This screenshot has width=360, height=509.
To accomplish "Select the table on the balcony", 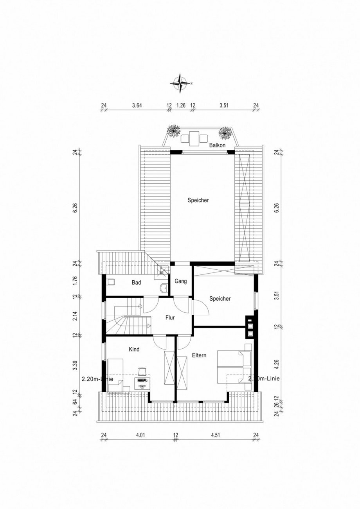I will point(194,138).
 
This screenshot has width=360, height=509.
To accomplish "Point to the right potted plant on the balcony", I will point(225,133).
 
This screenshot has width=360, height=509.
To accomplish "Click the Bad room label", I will point(136,282).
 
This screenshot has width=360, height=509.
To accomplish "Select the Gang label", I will point(180,281).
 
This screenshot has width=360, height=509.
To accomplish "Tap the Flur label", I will point(170,317).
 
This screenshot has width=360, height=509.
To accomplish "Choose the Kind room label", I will point(134,349).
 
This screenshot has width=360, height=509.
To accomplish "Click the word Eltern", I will point(199,355).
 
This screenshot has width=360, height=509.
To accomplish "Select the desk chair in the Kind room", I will point(142,369).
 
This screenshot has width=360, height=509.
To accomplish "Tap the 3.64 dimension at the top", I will point(137,105).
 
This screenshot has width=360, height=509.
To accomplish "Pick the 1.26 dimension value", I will point(180,105).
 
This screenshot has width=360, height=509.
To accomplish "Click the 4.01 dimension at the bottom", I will point(139,434).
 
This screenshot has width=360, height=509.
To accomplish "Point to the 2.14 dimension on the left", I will point(76,316).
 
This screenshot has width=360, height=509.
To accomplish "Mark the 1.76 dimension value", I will point(76,280).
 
